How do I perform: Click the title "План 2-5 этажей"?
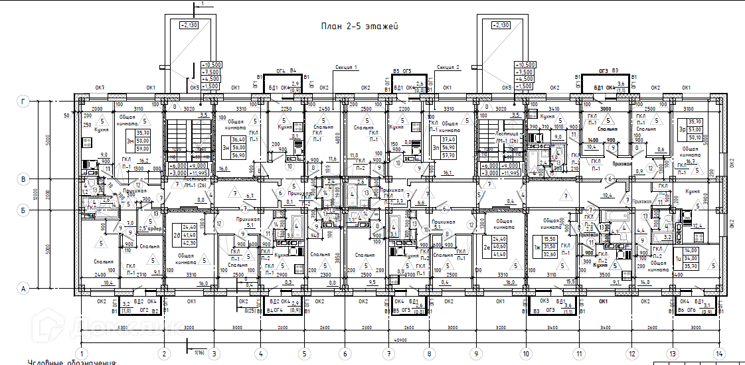359,27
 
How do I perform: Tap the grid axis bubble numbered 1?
82,353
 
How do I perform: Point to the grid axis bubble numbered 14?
716,353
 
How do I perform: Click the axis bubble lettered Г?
25,101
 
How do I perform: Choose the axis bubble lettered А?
25,288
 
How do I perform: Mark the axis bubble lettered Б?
25,210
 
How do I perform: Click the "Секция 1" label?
347,67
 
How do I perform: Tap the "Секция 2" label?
448,67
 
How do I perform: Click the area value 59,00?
143,149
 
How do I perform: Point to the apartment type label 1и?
678,258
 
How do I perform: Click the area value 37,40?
448,139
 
